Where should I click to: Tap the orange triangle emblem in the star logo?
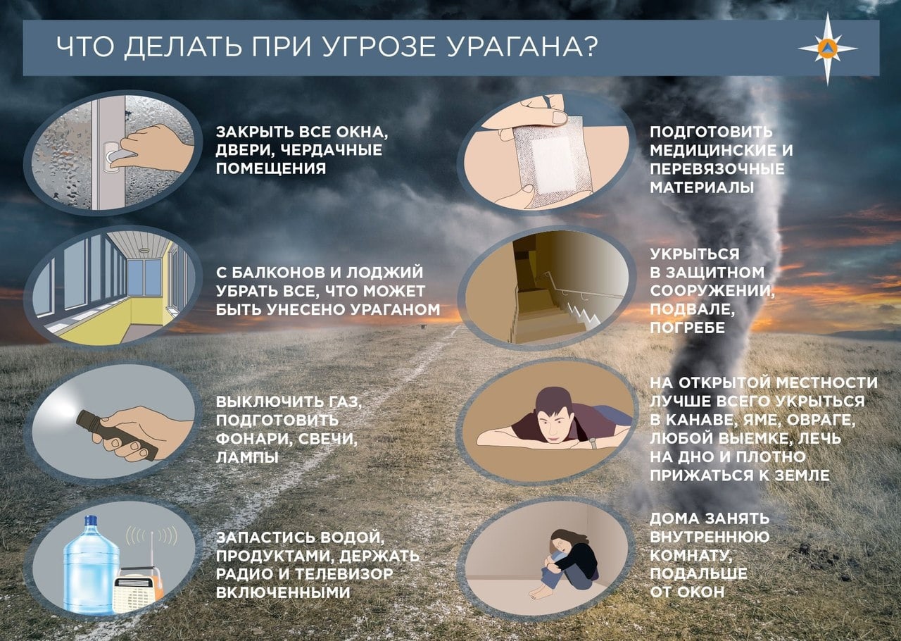point(827,48)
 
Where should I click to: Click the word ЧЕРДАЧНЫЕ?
point(334,150)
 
